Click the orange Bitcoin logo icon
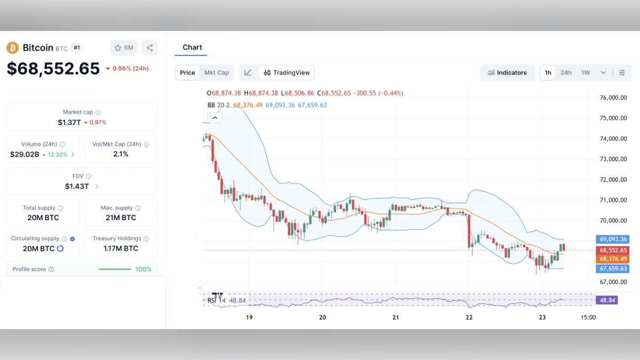pos(12,48)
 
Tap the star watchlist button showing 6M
pos(123,48)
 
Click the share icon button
pos(149,48)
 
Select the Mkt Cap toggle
pos(217,73)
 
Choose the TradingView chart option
pos(287,73)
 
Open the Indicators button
pos(507,73)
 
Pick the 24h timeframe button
pos(566,73)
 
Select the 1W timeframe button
pos(586,73)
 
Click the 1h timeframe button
pos(548,73)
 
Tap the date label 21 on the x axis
pos(396,317)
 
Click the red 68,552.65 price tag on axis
pos(613,250)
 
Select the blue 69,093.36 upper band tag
pos(613,239)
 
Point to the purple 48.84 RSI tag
pos(607,300)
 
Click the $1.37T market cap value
pos(69,122)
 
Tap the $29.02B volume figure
pos(25,154)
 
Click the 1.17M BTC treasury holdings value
pos(121,249)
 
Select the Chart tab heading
pos(192,47)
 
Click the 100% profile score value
pos(143,269)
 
